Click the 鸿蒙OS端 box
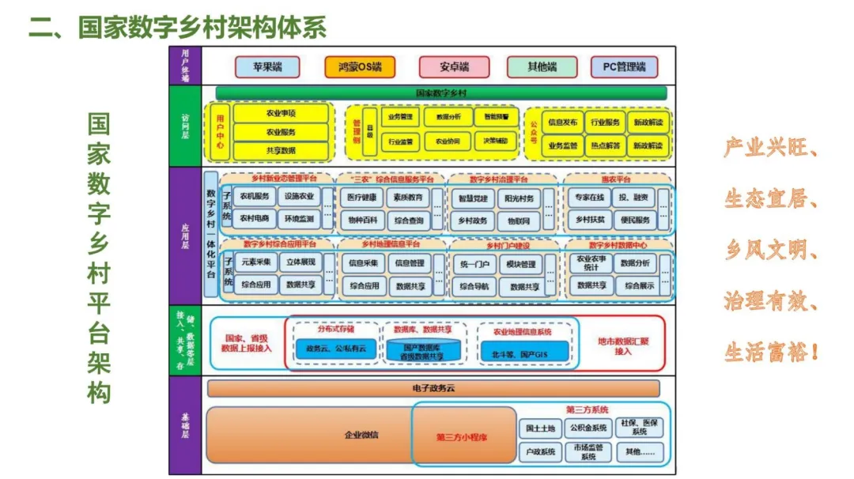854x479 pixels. point(359,66)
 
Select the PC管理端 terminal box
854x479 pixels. point(624,66)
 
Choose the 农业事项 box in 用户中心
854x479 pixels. point(281,114)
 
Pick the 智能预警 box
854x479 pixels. point(497,117)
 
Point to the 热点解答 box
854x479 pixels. point(605,145)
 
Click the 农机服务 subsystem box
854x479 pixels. point(255,196)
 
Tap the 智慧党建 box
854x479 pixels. point(472,197)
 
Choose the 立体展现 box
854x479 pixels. point(300,262)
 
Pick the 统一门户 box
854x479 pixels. point(474,264)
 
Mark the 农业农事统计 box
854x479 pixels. point(591,262)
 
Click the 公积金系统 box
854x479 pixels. point(588,428)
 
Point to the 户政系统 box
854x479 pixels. point(541,452)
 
